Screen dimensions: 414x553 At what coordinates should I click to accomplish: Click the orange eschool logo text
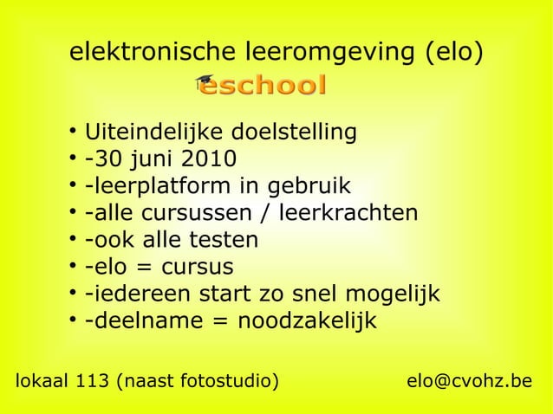270,86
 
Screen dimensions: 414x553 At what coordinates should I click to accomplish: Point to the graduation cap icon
205,82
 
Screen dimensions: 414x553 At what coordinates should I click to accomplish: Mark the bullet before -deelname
69,321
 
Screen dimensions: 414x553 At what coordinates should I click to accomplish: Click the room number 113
88,381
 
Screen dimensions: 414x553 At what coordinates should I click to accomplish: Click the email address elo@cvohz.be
469,381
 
